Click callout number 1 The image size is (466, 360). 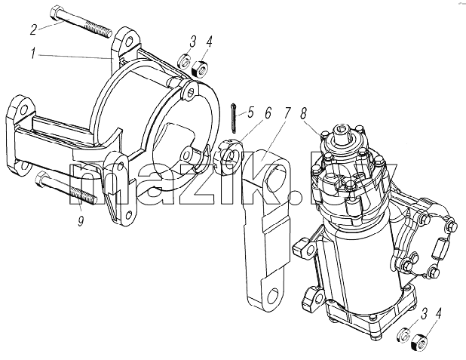point(34,54)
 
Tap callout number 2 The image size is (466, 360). point(34,29)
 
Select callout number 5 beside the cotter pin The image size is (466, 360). point(250,113)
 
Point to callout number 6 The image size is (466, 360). point(268,112)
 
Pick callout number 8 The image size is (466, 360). point(303,113)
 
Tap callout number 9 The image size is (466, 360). point(81,221)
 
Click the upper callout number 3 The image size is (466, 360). point(193,42)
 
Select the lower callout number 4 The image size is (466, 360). point(438,314)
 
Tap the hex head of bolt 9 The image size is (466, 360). point(40,180)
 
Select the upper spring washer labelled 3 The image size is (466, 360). point(185,60)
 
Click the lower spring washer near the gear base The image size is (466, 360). point(404,334)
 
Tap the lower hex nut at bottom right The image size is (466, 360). point(420,343)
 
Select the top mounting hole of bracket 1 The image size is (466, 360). point(127,42)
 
